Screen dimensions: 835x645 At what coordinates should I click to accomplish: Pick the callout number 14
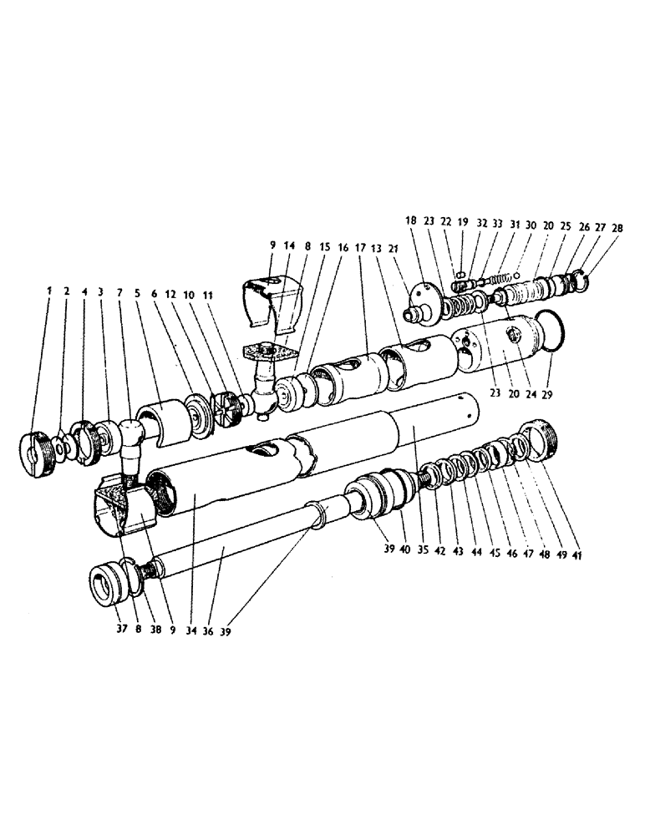coord(290,247)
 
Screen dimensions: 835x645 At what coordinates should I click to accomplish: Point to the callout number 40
coord(404,552)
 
